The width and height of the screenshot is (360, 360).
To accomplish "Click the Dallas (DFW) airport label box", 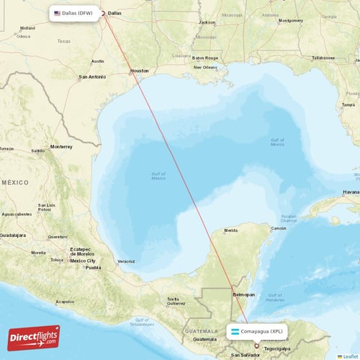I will click(x=73, y=13).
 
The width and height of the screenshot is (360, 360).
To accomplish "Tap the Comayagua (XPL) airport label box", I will click(x=260, y=332).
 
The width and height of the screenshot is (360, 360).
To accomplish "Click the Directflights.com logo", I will click(x=35, y=337).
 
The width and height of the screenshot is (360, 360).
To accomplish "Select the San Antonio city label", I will click(x=92, y=76).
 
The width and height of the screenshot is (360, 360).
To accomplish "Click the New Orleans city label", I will click(x=205, y=68).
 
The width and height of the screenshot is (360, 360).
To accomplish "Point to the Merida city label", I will click(x=231, y=230).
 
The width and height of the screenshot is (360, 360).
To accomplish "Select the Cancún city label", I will click(x=278, y=228).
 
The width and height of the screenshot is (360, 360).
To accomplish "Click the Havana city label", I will click(x=351, y=192).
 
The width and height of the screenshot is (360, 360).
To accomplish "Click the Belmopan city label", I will click(x=243, y=294).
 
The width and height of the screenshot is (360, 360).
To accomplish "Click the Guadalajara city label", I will click(x=12, y=235).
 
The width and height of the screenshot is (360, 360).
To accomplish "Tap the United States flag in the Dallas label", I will click(x=58, y=13).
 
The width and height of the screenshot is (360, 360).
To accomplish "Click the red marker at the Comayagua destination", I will click(x=256, y=346).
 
